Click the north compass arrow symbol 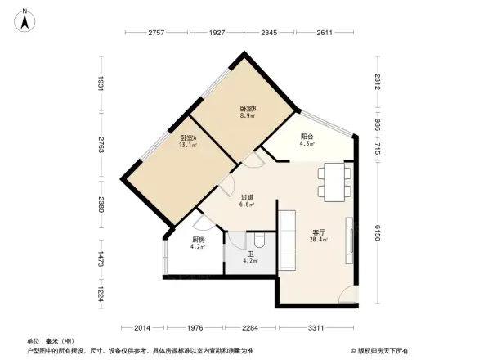click(x=26, y=18)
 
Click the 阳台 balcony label click(x=307, y=140)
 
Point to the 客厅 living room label click(x=319, y=236)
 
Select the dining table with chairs click(x=334, y=182)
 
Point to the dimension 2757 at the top click(x=156, y=33)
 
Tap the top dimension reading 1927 click(x=217, y=33)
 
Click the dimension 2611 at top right click(x=325, y=33)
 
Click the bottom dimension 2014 click(x=143, y=328)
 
